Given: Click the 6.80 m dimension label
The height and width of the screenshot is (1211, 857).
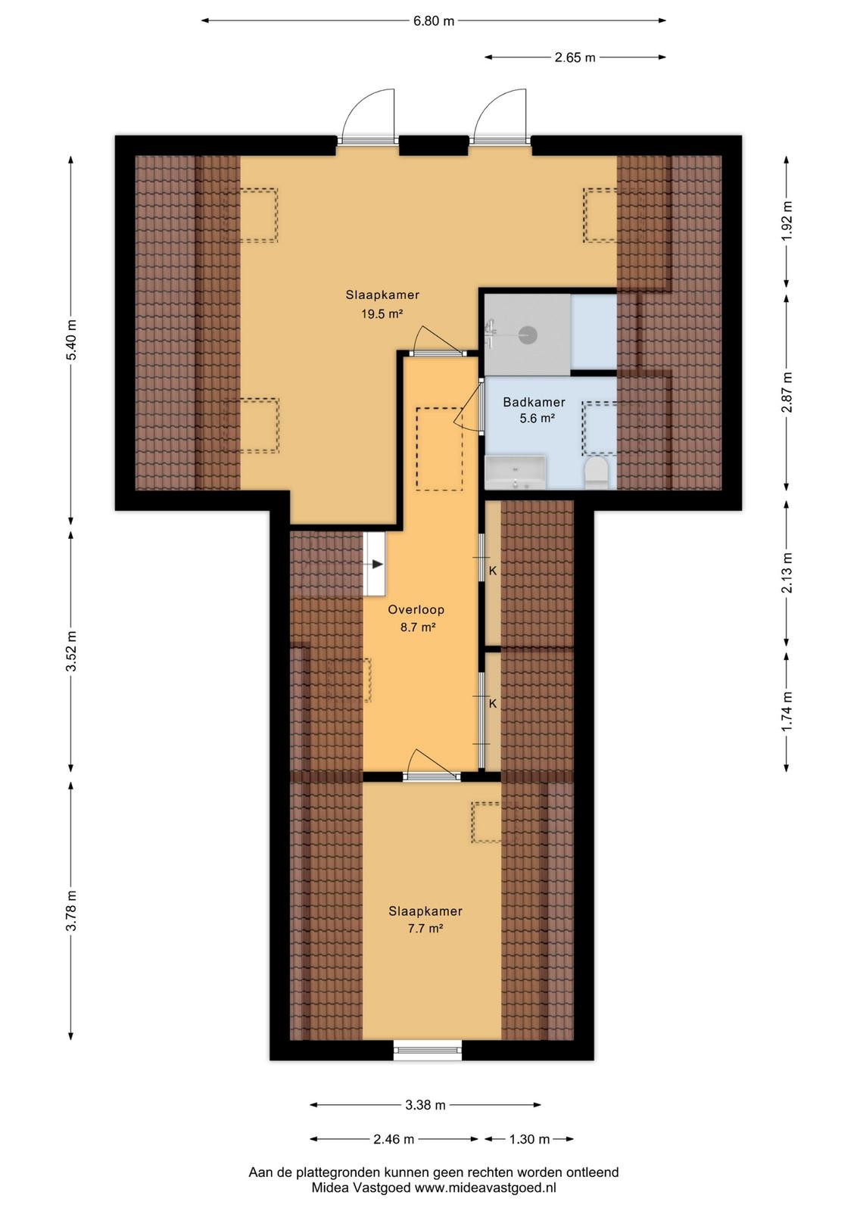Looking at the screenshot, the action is click(434, 21).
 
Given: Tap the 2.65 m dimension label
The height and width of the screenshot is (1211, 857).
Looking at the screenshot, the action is click(575, 58).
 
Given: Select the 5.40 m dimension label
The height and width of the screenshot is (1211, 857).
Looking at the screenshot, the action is click(71, 341).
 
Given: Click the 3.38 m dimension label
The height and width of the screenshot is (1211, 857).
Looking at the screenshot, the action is click(425, 1105).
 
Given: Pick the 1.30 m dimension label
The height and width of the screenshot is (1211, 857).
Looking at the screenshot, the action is click(529, 1140).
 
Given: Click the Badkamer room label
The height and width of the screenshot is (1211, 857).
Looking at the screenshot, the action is click(534, 402).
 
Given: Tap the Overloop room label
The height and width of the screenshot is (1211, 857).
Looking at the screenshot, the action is click(416, 610).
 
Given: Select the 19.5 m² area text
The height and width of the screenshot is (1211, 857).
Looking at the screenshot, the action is click(383, 313).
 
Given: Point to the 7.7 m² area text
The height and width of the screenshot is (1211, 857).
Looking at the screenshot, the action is click(425, 928).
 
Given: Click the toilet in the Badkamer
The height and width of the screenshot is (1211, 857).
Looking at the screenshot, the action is click(597, 474).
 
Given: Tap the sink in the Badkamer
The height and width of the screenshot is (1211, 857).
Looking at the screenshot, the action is click(516, 472).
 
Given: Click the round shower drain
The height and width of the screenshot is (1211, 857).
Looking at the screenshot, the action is click(528, 335).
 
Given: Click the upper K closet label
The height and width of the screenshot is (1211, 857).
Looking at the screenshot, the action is click(493, 571).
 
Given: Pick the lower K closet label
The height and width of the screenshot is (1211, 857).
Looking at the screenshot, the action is click(493, 703).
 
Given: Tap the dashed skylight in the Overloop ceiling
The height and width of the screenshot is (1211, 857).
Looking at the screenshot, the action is click(439, 449).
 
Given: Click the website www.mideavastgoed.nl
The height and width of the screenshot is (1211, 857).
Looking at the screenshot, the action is click(485, 1188).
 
